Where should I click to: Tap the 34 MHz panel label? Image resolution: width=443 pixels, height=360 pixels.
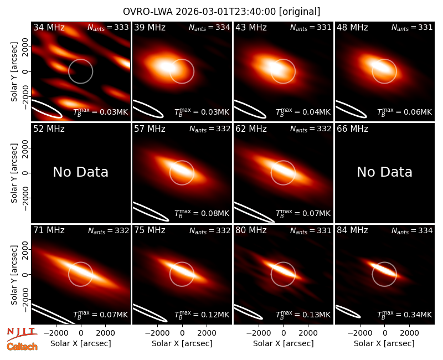tap(49, 27)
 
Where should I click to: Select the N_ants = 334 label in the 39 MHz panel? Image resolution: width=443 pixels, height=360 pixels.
tap(209, 27)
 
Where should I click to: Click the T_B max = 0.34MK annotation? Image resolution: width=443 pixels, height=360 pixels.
tap(405, 315)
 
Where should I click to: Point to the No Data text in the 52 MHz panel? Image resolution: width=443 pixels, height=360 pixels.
tap(80, 172)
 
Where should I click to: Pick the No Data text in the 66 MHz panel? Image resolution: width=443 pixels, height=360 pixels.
tap(384, 172)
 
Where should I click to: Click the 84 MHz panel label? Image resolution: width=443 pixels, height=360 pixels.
tap(352, 230)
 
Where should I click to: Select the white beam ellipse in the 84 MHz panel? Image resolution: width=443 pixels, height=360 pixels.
tap(348, 312)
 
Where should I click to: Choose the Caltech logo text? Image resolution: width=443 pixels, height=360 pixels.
tap(22, 347)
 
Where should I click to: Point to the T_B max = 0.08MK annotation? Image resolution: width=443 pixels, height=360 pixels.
tap(202, 213)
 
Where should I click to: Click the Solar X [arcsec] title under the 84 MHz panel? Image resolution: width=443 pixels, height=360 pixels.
tap(384, 343)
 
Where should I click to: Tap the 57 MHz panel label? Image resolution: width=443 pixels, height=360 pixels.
tap(150, 129)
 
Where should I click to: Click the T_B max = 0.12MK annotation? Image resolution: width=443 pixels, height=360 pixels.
tap(202, 315)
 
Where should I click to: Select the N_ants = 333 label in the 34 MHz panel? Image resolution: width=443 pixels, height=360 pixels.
tap(108, 27)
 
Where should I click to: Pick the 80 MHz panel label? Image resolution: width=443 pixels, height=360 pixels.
tap(251, 230)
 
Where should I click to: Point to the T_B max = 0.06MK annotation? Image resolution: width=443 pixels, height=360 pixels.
tap(405, 112)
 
